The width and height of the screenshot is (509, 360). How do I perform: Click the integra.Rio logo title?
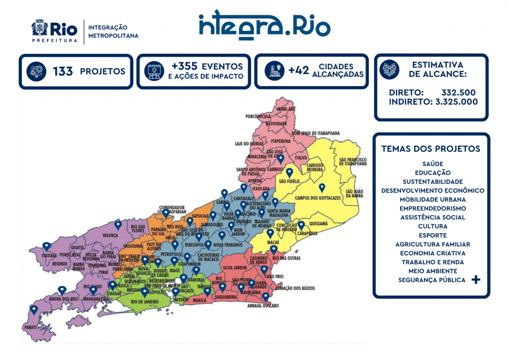coord(264,24)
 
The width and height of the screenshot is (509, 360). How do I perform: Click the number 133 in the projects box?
coord(63,72)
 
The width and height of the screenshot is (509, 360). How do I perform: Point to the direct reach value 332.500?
coord(458,92)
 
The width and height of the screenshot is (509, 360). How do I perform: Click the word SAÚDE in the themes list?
coord(432,164)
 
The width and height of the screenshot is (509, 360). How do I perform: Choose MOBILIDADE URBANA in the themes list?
coord(432,199)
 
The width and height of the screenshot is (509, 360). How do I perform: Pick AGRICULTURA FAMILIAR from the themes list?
coord(432,244)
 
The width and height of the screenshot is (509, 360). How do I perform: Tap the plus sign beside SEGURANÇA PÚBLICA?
coord(476,280)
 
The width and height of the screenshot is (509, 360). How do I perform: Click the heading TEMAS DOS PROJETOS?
coord(430,149)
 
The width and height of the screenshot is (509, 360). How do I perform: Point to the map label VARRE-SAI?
coord(285,108)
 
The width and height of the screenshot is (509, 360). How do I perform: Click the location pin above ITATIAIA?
coord(46,246)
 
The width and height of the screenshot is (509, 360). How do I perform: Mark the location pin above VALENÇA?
coord(118,225)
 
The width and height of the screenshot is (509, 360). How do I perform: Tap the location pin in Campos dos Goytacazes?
coord(322,188)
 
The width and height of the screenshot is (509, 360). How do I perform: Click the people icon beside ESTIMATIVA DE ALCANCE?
coord(389,70)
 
